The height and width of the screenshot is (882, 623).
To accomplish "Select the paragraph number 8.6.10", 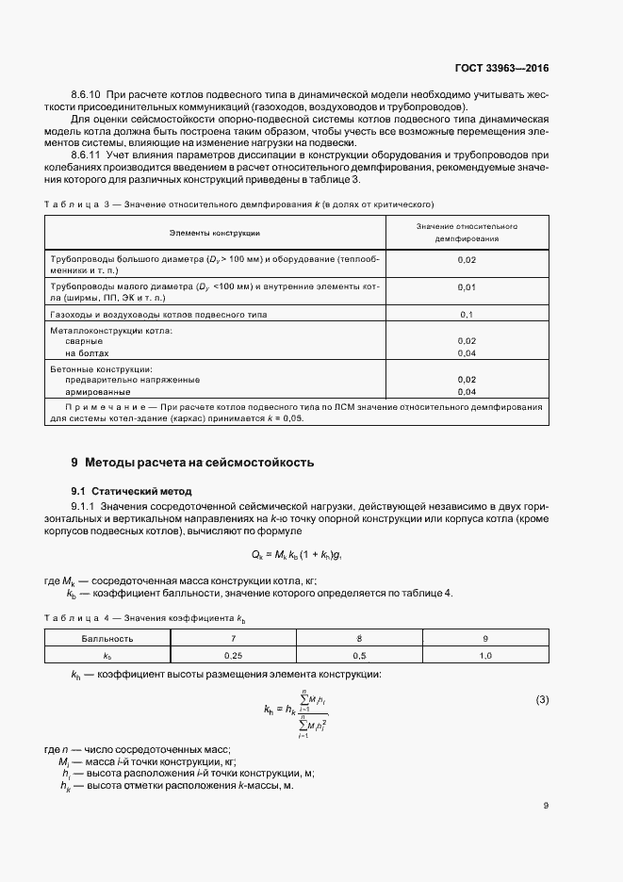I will [x=88, y=96].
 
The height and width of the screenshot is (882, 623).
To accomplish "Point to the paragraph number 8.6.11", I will [x=87, y=155].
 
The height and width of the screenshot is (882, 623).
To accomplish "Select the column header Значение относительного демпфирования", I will [x=467, y=233].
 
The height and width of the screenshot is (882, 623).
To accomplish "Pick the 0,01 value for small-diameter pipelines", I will [x=467, y=286].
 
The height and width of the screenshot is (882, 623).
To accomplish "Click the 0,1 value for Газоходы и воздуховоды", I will [x=467, y=314].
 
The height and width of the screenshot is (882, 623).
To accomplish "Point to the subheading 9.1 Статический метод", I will [x=131, y=491].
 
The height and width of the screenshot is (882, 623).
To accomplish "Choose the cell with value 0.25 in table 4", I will [x=233, y=653].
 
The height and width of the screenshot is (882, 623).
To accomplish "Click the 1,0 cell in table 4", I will [x=486, y=653].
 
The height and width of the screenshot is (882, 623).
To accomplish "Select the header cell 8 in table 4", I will [x=359, y=638].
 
